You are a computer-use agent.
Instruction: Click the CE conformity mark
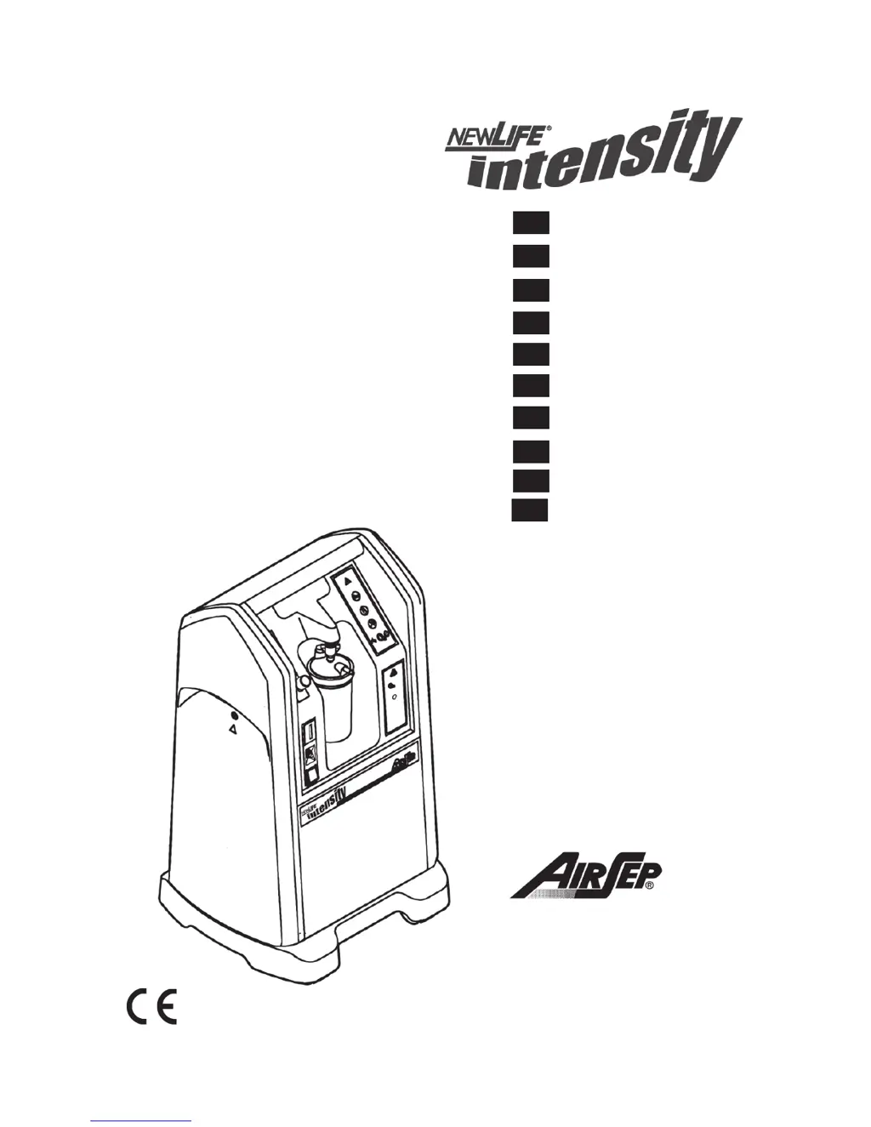pyautogui.click(x=152, y=1006)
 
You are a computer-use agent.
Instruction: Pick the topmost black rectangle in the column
pyautogui.click(x=529, y=223)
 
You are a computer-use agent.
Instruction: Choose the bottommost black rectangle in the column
pyautogui.click(x=529, y=509)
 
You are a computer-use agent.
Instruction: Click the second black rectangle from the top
pyautogui.click(x=529, y=255)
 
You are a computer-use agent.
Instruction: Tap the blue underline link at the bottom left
pyautogui.click(x=140, y=1120)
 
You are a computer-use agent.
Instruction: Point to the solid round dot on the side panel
pyautogui.click(x=234, y=715)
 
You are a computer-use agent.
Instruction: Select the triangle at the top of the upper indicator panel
pyautogui.click(x=348, y=584)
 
